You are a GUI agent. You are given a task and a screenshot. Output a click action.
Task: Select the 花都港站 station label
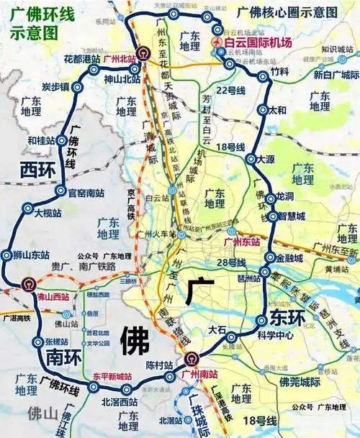click(80, 59)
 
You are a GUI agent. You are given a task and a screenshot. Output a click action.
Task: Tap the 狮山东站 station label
click(30, 255)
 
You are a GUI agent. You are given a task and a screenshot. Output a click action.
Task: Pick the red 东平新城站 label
click(112, 376)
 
